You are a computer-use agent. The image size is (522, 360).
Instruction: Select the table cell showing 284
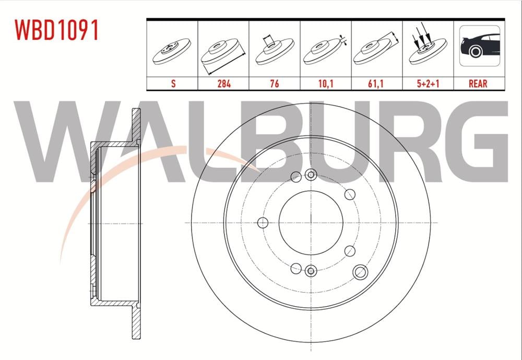point(223,83)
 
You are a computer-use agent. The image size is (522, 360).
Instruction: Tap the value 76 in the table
point(274,83)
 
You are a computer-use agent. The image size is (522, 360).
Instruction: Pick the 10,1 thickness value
point(325,83)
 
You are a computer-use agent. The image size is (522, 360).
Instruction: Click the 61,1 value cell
point(376,83)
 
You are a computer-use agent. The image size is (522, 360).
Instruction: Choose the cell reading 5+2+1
point(428,83)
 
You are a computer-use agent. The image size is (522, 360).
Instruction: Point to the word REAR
point(479,83)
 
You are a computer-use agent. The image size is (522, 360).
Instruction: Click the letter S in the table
point(173,83)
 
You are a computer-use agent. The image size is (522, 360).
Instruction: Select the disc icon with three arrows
point(428,50)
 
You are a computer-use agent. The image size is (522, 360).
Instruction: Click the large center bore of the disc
point(311,223)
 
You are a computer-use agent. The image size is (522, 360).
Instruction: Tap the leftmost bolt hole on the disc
point(263,223)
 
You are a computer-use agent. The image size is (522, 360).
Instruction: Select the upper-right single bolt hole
point(350,195)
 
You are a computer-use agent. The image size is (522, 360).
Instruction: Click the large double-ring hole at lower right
point(360,271)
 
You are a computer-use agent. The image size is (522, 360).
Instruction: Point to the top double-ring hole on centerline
point(311,175)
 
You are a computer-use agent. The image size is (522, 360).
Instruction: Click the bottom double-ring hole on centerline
point(311,271)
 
